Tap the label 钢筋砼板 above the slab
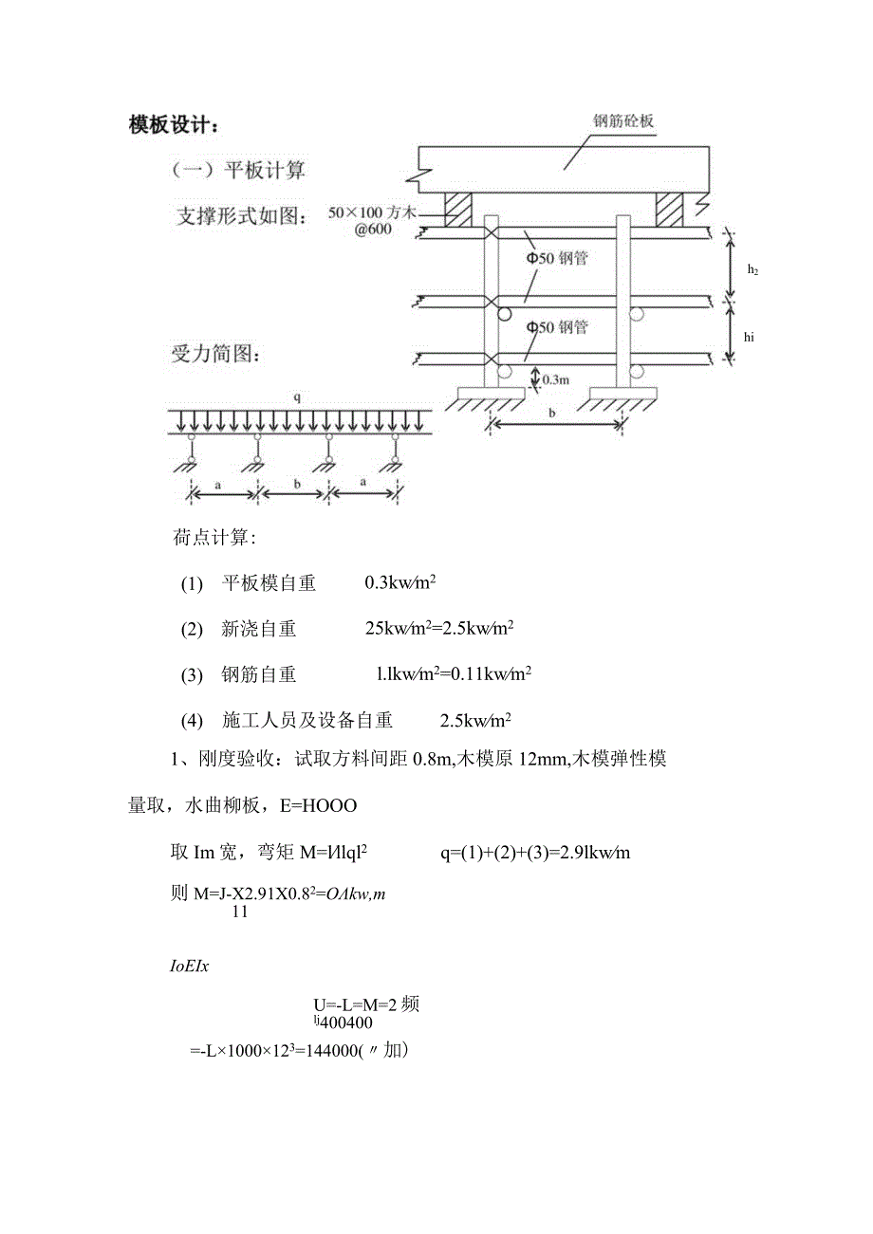(623, 121)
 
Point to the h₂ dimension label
(752, 269)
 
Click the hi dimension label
(750, 336)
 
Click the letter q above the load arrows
(296, 399)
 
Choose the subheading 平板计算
(265, 171)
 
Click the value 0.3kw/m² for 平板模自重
(399, 583)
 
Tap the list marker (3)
(192, 675)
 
